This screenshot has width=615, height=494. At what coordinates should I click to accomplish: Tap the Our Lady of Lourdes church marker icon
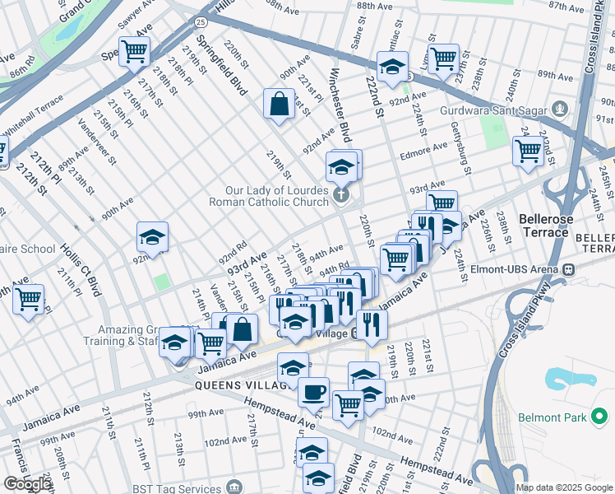[341, 195]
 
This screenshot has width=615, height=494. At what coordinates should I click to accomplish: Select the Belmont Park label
[552, 418]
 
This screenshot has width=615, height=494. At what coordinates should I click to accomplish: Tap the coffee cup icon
[312, 391]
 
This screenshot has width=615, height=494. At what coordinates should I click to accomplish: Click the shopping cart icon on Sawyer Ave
[133, 51]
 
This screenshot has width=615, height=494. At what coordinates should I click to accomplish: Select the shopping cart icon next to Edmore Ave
[527, 150]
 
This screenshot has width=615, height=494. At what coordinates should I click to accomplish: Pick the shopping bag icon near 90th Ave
[279, 104]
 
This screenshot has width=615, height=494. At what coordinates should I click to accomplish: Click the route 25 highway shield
[201, 20]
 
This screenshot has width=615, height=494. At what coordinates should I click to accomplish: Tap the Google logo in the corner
[27, 484]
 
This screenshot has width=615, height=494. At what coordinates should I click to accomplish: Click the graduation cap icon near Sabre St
[392, 67]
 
